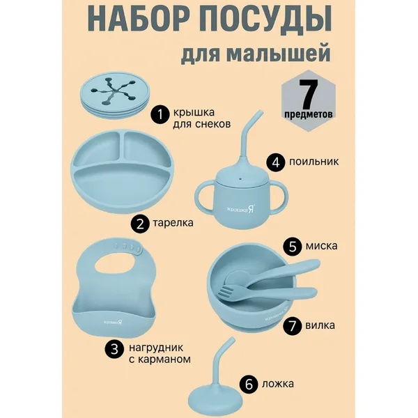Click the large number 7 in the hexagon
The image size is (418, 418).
[309, 93]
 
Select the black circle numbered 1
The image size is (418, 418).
[160, 115]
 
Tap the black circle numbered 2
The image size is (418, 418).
[140, 224]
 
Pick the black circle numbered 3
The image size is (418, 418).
[114, 349]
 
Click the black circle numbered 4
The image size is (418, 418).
[276, 162]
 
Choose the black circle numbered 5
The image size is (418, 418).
[293, 247]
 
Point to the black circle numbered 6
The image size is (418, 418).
[249, 385]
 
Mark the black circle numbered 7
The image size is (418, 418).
[293, 325]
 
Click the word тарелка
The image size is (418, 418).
[173, 223]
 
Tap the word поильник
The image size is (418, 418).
[313, 162]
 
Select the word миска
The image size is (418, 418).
[321, 246]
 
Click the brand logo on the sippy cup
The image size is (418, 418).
[241, 210]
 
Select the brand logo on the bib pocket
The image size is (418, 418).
[113, 322]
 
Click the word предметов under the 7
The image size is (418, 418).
[309, 114]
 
